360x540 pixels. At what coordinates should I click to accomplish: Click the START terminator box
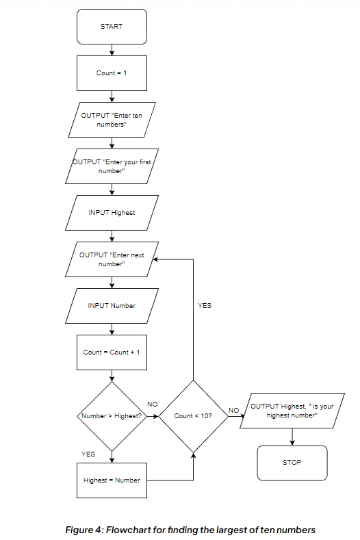click(x=112, y=26)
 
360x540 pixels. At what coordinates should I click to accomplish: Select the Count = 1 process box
click(x=112, y=73)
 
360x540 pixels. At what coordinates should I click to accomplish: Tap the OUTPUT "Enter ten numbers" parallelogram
click(x=112, y=120)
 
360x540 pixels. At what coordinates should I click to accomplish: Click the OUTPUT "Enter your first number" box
click(x=112, y=166)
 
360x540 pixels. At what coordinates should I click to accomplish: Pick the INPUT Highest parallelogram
click(x=112, y=213)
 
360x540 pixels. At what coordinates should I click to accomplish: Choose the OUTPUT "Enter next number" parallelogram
click(x=112, y=259)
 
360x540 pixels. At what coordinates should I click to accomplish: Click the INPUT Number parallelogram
click(x=112, y=306)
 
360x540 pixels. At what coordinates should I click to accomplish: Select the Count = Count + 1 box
click(x=112, y=352)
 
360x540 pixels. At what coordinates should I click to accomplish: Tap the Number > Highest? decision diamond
click(x=112, y=415)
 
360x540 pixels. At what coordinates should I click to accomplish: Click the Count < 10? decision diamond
click(x=193, y=415)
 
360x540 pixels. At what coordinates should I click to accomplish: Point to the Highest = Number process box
click(x=112, y=480)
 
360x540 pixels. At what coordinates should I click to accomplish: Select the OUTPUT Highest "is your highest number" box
click(x=292, y=411)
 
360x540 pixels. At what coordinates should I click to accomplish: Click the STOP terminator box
click(x=292, y=463)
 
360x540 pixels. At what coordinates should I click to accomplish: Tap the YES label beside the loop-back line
click(x=205, y=306)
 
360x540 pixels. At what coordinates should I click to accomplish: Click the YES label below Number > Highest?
click(x=88, y=454)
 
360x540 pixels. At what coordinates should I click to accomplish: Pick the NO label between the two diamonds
click(x=153, y=404)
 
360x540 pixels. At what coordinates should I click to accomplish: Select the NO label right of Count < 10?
click(x=233, y=410)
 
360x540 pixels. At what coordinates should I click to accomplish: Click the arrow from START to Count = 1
click(x=112, y=49)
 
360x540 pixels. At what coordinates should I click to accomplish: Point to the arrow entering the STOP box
click(x=292, y=437)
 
